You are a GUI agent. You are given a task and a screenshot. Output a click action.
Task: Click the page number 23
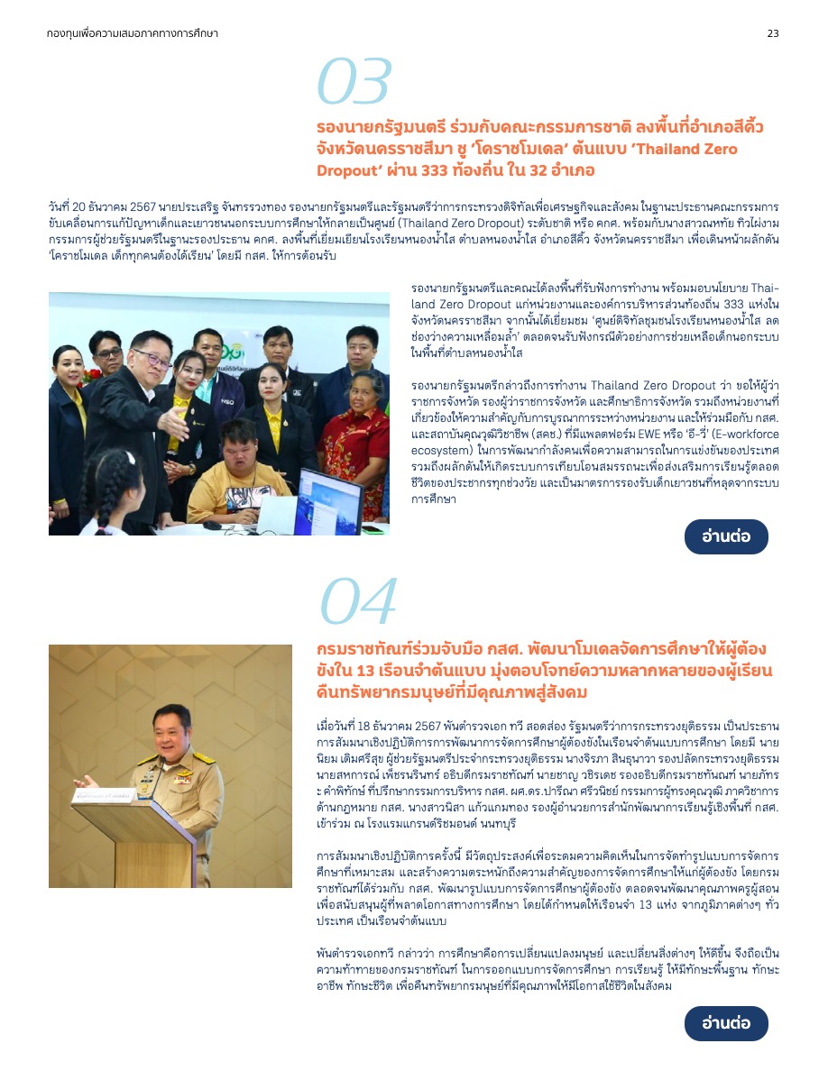click(773, 33)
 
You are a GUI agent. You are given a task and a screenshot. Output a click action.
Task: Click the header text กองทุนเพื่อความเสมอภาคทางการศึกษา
click(133, 33)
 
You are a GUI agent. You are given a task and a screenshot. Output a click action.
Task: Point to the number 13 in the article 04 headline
click(366, 672)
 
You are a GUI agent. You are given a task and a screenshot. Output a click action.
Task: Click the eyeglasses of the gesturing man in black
click(151, 358)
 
